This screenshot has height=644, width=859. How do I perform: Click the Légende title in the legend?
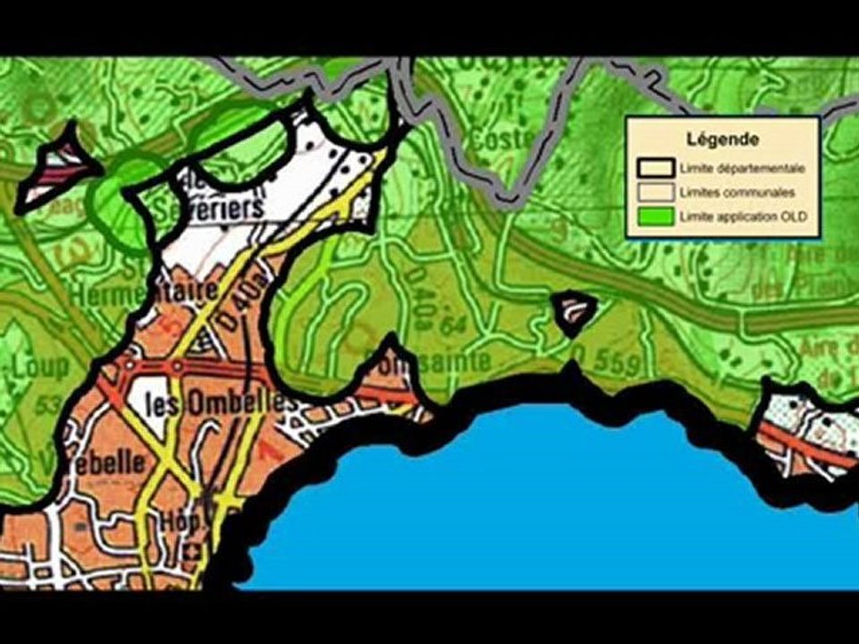(723, 140)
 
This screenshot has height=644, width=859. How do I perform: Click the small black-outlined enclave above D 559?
(574, 312)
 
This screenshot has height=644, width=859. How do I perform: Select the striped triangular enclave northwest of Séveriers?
(59, 166)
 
